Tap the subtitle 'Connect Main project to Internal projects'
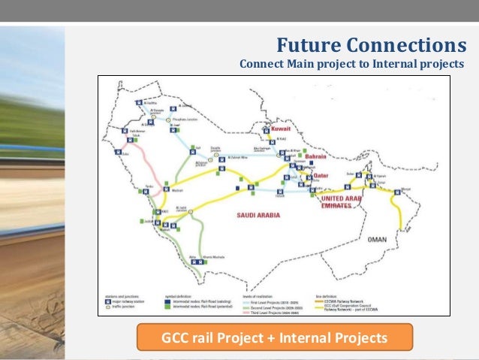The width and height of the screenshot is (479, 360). coord(351,64)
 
